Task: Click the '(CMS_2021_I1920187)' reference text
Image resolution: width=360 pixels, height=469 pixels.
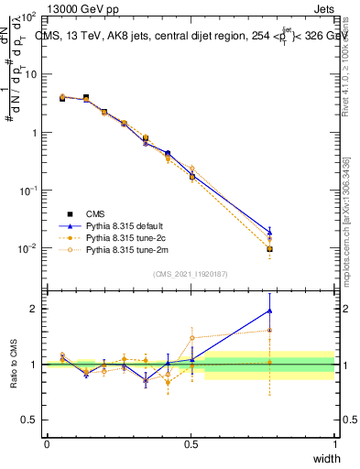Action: coord(191,274)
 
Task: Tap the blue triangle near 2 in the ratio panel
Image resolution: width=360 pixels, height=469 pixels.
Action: coord(269,311)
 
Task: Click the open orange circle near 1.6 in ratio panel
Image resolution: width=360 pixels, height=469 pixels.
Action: coord(269,331)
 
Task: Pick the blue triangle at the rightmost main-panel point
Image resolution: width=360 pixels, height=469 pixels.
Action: coord(269,232)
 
